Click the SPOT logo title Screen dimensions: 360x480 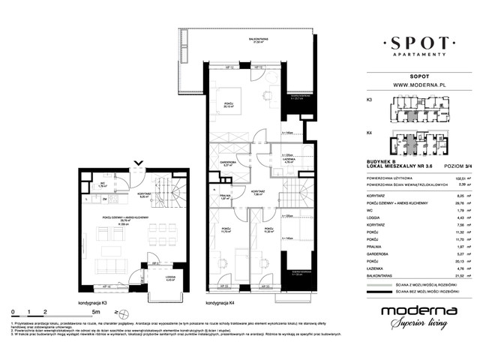point(419,44)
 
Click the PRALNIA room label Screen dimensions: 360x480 point(224,197)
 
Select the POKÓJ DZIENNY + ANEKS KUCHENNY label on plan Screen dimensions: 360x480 point(123,217)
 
